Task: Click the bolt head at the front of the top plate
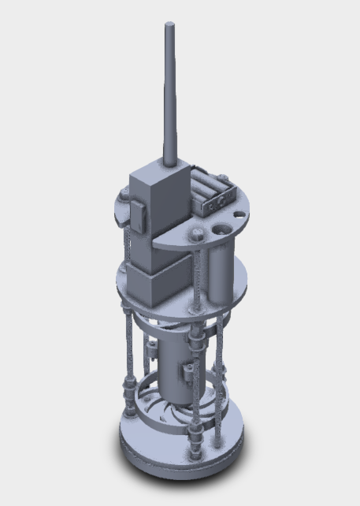(x=194, y=233)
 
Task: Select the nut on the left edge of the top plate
(x=124, y=194)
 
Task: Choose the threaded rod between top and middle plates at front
(x=195, y=272)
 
